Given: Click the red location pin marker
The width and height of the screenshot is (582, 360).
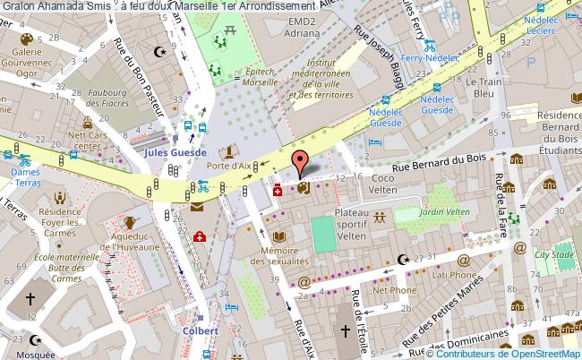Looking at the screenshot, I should click(301, 162).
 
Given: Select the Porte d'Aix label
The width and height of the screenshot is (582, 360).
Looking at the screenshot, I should click(228, 166).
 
